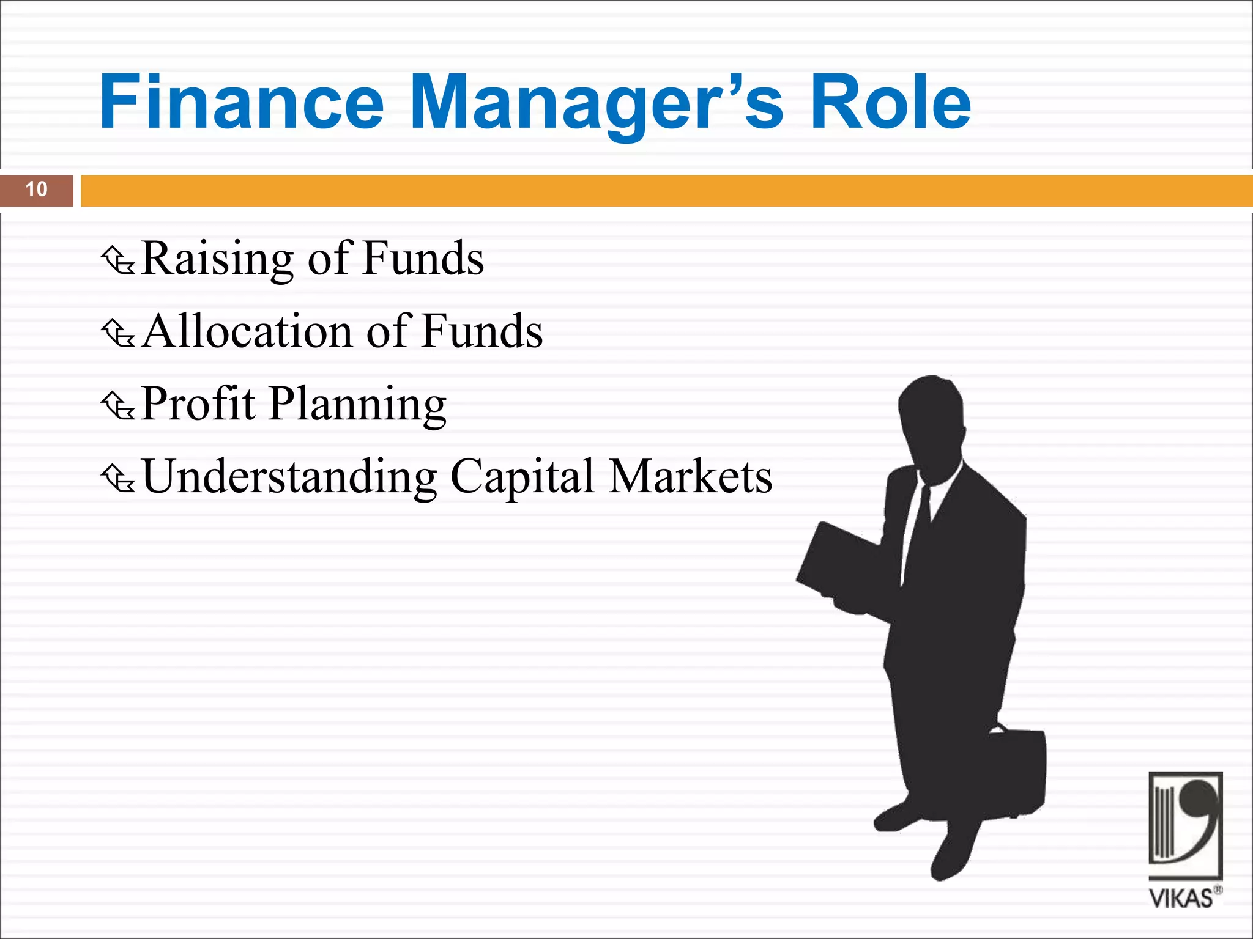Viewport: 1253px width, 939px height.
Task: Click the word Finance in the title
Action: click(242, 102)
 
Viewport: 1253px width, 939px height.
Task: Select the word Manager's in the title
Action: click(597, 102)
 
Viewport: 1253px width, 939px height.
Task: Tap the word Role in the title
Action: click(890, 102)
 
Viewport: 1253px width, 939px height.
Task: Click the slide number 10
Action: click(36, 190)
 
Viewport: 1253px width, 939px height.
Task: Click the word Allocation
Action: click(248, 331)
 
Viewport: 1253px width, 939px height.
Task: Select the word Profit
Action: click(198, 403)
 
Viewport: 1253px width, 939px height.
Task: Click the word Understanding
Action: click(289, 477)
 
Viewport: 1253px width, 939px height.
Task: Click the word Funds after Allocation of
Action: click(481, 331)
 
